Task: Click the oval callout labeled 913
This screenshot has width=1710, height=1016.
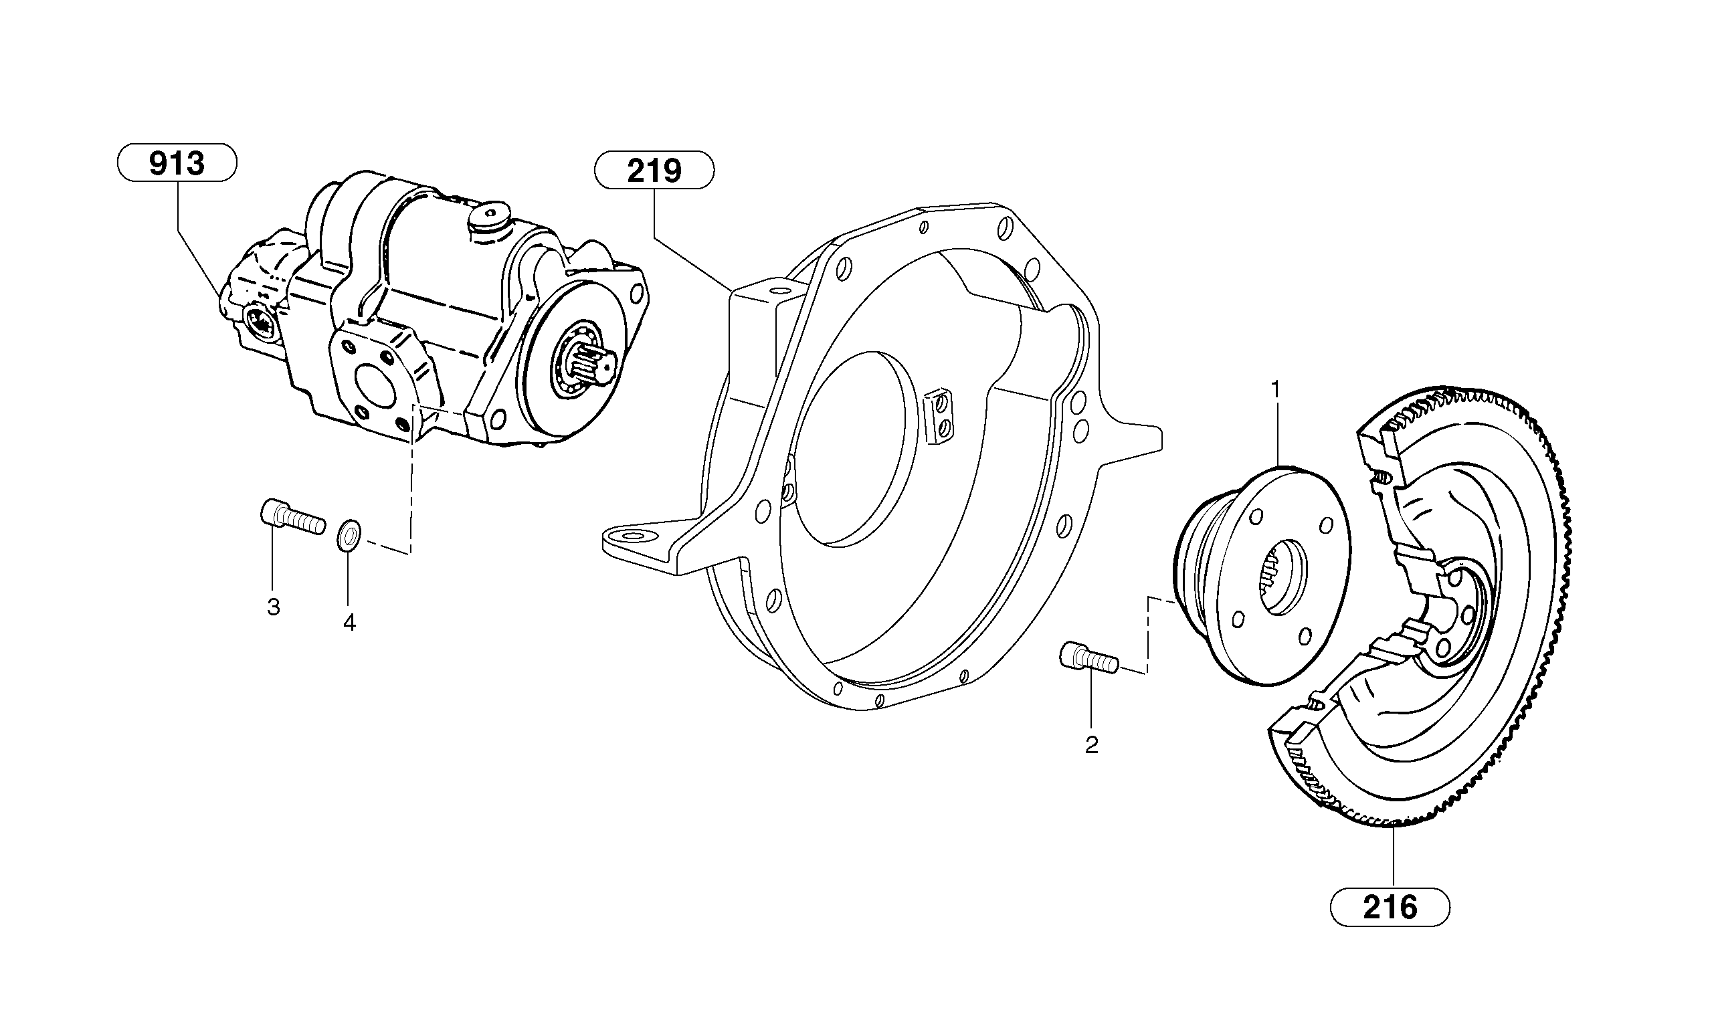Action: [177, 165]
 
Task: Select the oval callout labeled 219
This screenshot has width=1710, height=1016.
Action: [654, 171]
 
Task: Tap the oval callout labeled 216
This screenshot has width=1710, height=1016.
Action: [1390, 908]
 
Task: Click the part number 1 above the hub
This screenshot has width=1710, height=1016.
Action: [1275, 389]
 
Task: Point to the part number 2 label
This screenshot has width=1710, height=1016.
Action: [1092, 745]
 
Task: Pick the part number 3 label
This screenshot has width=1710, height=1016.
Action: [273, 607]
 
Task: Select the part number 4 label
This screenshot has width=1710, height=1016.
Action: [349, 622]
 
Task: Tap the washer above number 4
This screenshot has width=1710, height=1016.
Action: [351, 533]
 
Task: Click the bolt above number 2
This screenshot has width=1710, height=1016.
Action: [1089, 658]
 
